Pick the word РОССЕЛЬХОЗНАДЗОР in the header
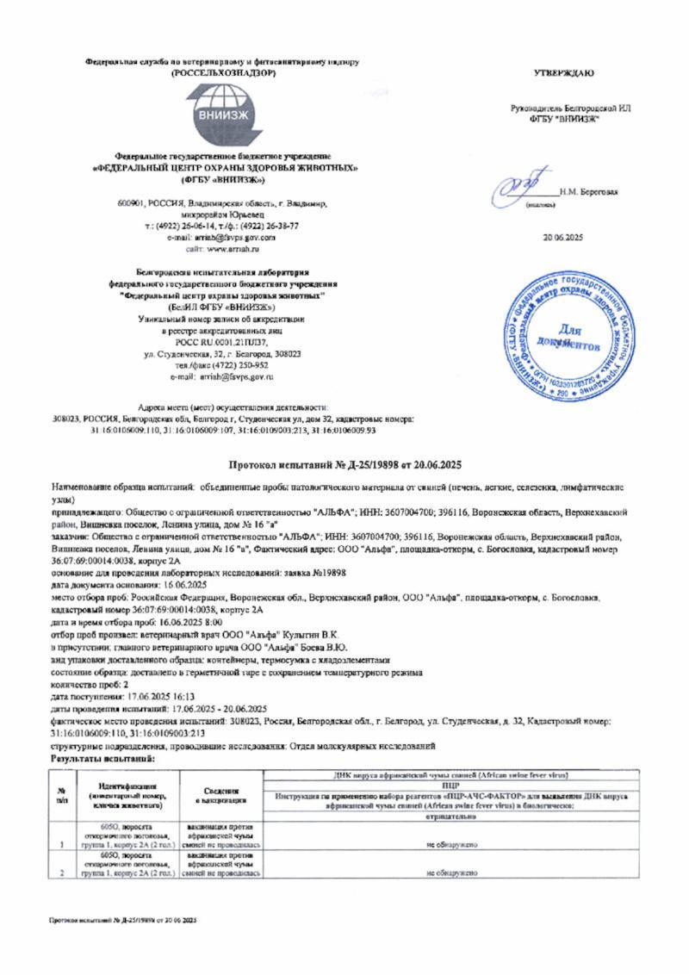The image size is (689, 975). (223, 73)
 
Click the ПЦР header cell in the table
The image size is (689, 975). (449, 786)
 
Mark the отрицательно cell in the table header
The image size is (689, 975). (449, 815)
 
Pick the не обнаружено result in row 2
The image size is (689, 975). (449, 873)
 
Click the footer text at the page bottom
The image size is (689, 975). (122, 921)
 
